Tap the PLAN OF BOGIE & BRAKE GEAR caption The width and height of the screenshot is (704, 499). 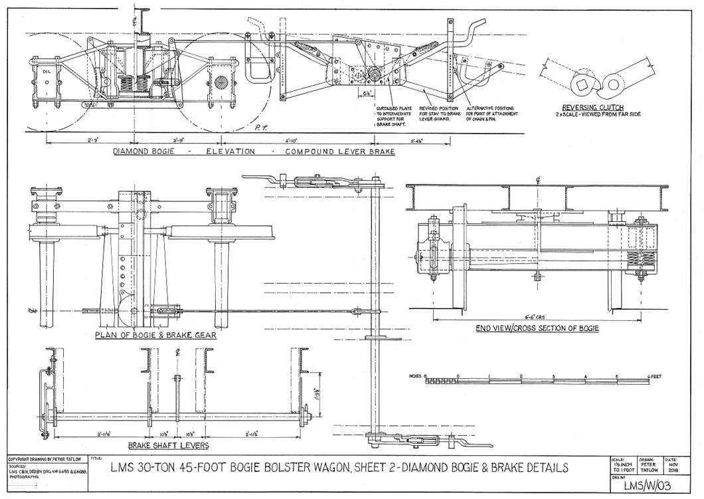click(155, 335)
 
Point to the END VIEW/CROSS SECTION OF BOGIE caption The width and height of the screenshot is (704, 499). click(537, 328)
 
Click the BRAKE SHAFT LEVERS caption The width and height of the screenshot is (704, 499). click(168, 445)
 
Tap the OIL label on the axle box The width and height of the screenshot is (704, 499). click(46, 68)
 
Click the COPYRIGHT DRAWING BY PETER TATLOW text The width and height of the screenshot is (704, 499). click(44, 459)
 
